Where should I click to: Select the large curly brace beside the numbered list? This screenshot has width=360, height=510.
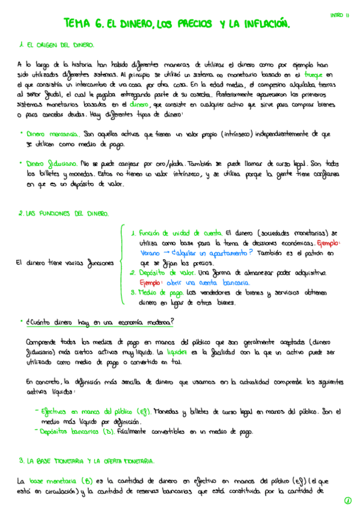[x=123, y=263]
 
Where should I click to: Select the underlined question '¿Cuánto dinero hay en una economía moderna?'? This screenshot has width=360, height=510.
[x=100, y=322]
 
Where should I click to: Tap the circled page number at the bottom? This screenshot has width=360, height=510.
[x=347, y=500]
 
